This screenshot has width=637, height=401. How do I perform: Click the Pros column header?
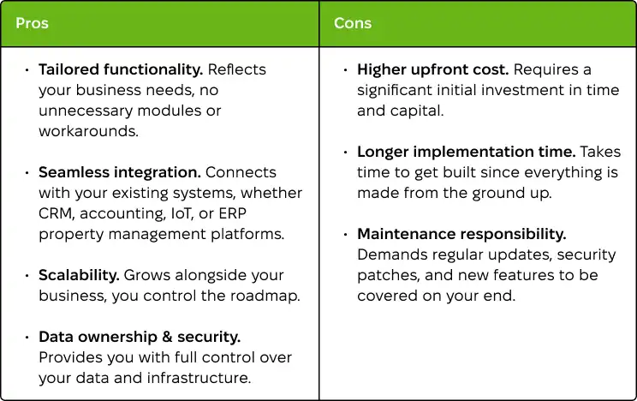[x=32, y=23]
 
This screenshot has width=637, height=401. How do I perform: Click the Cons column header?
[x=352, y=23]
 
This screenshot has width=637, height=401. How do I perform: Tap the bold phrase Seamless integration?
[x=119, y=172]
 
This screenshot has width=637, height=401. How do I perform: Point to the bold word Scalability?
[x=79, y=275]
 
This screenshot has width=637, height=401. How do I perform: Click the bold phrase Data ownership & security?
[x=140, y=337]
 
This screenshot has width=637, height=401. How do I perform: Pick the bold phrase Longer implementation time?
[x=466, y=152]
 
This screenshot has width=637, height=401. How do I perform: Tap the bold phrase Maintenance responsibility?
[x=461, y=234]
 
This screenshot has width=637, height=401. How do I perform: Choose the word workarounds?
[x=88, y=131]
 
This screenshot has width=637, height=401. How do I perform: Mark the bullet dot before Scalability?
[x=27, y=276]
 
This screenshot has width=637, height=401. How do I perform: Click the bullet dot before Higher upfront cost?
[x=346, y=70]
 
